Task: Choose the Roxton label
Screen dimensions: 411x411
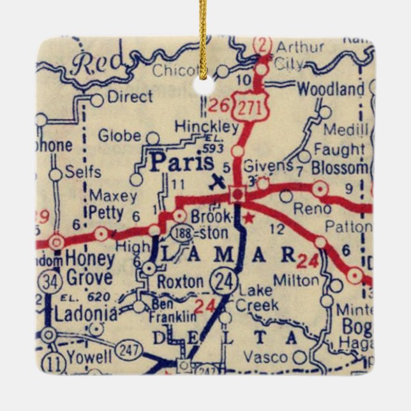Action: [x=181, y=282]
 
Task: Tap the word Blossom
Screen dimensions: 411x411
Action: [x=340, y=168]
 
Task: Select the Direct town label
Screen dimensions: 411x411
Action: [x=130, y=96]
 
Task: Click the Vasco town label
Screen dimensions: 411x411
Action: [x=265, y=357]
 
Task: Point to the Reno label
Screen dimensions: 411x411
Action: [x=312, y=209]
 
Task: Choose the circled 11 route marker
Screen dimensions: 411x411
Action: [x=57, y=364]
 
